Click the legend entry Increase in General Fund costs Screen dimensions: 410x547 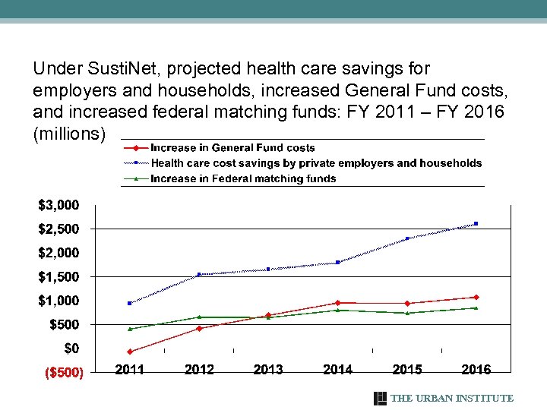[232, 148]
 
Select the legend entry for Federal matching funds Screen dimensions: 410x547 [243, 179]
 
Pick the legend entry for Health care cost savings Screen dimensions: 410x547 [316, 163]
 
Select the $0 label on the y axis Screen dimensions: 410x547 [71, 348]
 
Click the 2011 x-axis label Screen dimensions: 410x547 [130, 370]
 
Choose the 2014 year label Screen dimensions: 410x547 [337, 370]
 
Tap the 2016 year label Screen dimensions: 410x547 [476, 370]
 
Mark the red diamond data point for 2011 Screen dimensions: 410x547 [130, 352]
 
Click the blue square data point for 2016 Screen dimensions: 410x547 [476, 223]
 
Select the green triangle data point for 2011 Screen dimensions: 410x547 [130, 329]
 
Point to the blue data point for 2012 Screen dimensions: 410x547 [199, 274]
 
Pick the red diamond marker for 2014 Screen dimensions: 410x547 [337, 303]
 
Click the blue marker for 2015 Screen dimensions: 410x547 [407, 238]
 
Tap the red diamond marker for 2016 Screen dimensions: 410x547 [476, 297]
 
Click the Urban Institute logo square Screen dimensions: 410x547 [381, 399]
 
